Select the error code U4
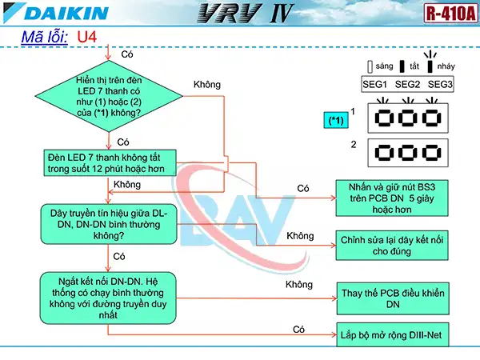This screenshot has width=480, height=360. [x=87, y=37]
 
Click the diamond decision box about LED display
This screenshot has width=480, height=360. [x=109, y=97]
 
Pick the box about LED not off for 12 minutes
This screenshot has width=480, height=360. [x=109, y=162]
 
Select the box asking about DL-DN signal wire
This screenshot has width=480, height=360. [x=109, y=223]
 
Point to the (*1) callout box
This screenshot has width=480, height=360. [x=336, y=120]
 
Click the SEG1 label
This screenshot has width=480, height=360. [x=373, y=84]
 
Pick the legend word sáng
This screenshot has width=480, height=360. [x=384, y=66]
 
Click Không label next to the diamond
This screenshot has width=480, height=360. [x=206, y=85]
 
